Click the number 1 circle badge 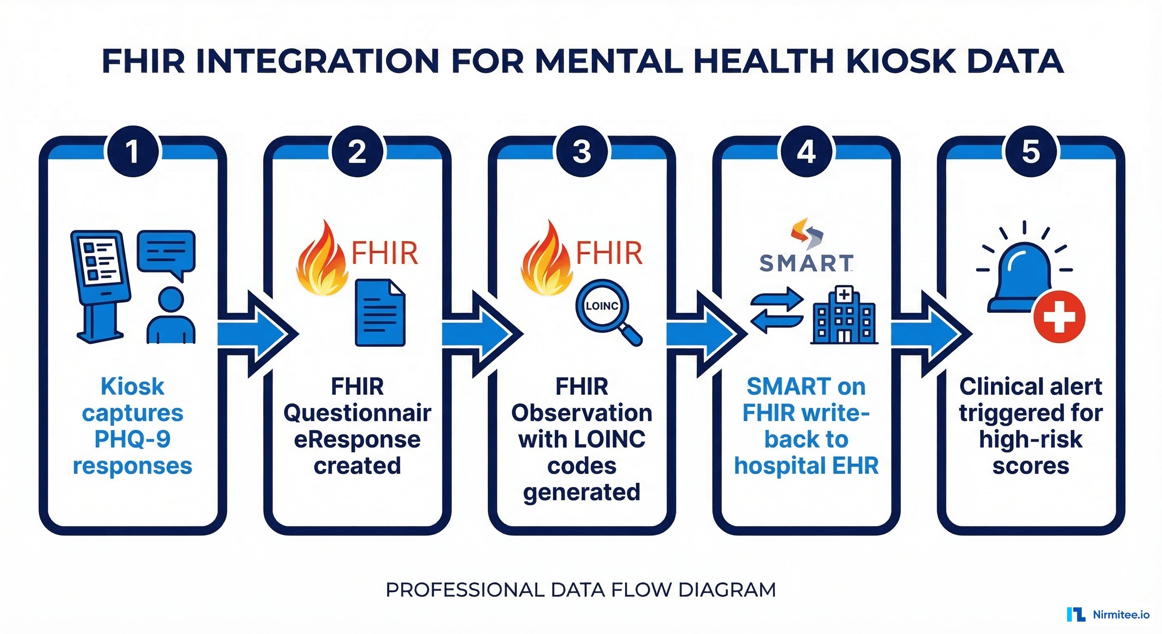(132, 151)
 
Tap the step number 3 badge (581, 151)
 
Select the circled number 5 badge (1031, 151)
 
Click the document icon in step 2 (380, 313)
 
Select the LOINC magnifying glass (607, 310)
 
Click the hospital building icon (843, 316)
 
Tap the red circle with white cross (1059, 316)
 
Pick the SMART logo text (806, 263)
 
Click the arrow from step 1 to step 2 (257, 334)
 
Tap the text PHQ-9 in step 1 (132, 439)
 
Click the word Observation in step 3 (581, 413)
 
